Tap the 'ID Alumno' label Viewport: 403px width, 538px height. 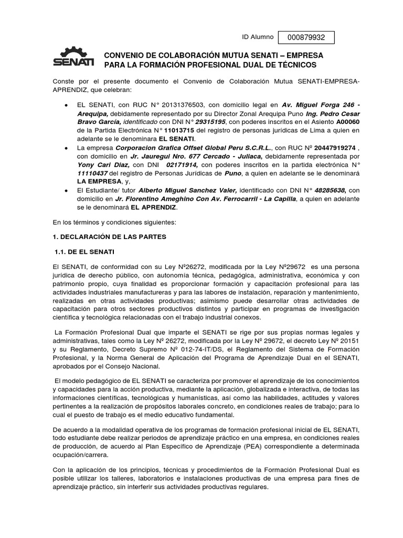(x=257, y=37)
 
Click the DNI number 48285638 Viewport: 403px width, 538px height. (x=326, y=190)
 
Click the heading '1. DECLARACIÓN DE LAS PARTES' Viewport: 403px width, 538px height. (x=109, y=237)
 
